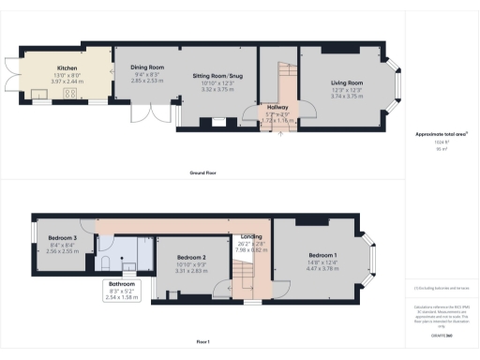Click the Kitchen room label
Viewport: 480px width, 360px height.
click(67, 67)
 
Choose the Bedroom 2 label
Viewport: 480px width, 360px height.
click(190, 257)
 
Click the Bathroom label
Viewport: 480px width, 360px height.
click(122, 284)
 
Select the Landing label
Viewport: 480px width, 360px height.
click(251, 236)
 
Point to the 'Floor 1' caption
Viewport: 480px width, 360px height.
click(203, 341)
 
